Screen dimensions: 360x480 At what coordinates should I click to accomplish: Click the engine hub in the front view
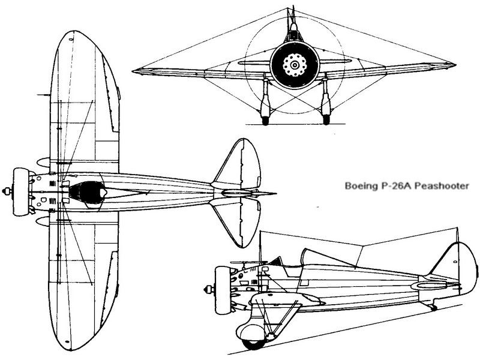click(294, 63)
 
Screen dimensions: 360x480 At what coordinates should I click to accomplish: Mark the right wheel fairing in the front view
click(326, 105)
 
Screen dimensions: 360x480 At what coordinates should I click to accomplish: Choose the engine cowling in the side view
click(223, 287)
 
